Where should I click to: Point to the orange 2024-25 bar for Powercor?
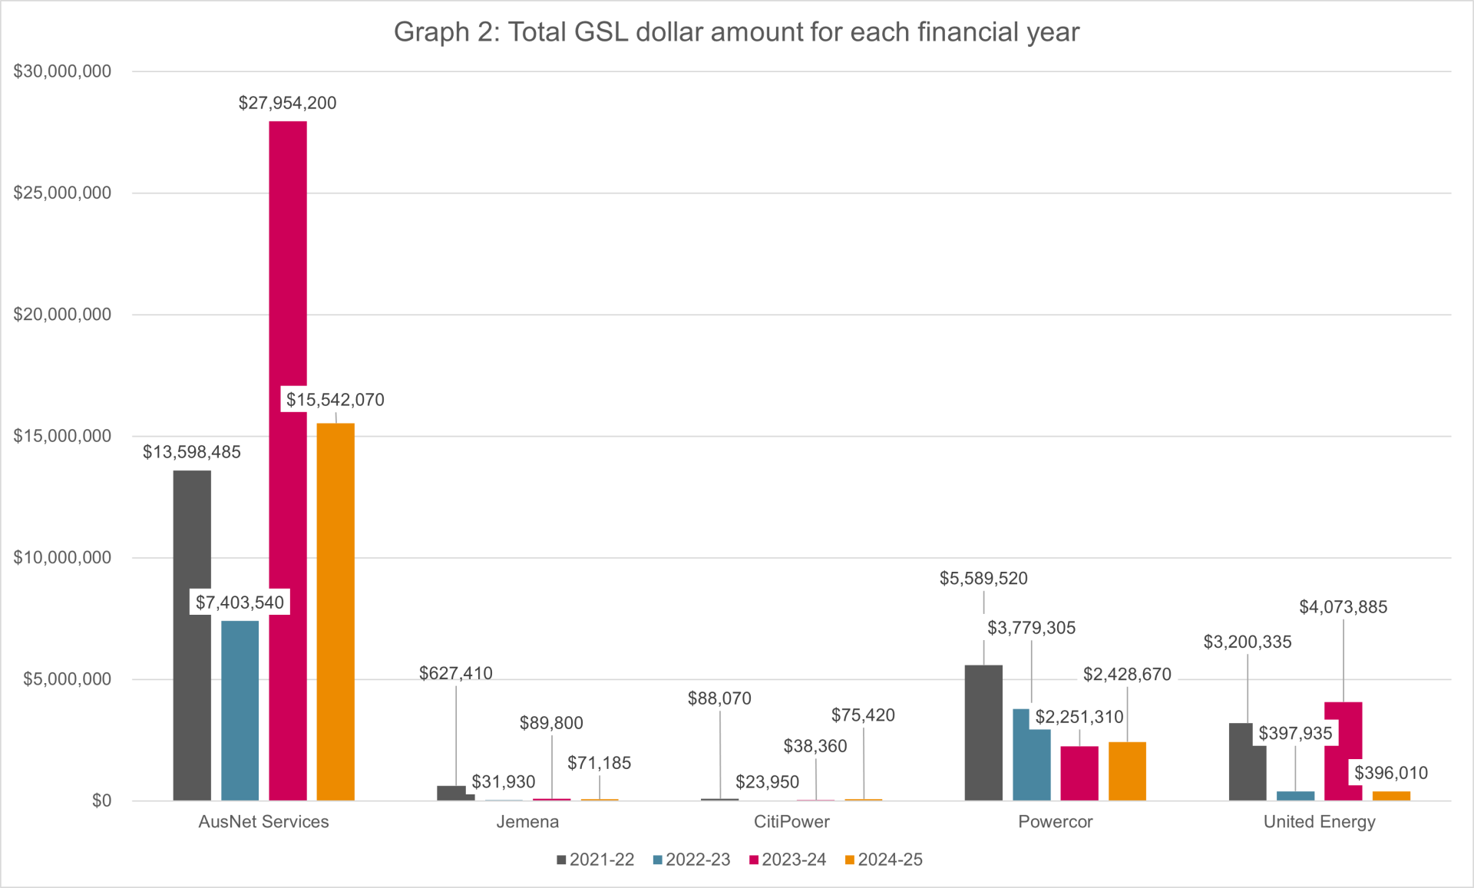pos(1127,771)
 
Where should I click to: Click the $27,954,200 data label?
pos(287,103)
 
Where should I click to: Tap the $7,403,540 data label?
pos(240,602)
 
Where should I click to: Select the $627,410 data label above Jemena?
pos(455,673)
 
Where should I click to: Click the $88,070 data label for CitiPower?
pos(719,698)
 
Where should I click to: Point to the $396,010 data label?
pos(1390,773)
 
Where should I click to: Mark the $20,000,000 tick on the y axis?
pos(62,315)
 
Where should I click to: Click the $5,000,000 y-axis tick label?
pos(67,679)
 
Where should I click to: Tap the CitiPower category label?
pos(792,822)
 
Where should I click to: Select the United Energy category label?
pos(1319,822)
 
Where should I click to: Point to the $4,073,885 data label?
pos(1343,607)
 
